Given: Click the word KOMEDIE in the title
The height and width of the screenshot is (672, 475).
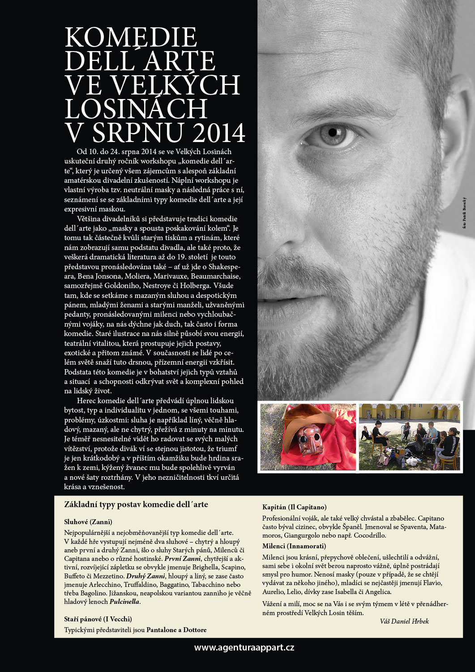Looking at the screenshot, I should (x=131, y=38).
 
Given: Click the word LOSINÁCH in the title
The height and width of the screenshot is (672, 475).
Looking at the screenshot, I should (x=136, y=109).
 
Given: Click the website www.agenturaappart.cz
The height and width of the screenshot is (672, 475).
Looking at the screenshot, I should (x=244, y=647).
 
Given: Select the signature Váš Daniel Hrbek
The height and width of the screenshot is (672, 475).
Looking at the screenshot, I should (x=404, y=621).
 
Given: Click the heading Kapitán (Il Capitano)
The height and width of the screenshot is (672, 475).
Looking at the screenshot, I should (x=294, y=507).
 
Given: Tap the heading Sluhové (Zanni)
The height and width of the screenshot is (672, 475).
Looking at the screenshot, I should (x=88, y=522).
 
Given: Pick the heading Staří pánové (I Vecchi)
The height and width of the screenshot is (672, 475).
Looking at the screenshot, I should (x=98, y=619).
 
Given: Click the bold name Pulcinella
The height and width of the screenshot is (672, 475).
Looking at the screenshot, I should (x=124, y=602).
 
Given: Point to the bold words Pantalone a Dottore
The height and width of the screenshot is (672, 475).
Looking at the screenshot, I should (x=176, y=630).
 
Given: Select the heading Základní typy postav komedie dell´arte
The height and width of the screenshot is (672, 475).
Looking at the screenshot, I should (x=136, y=504).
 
